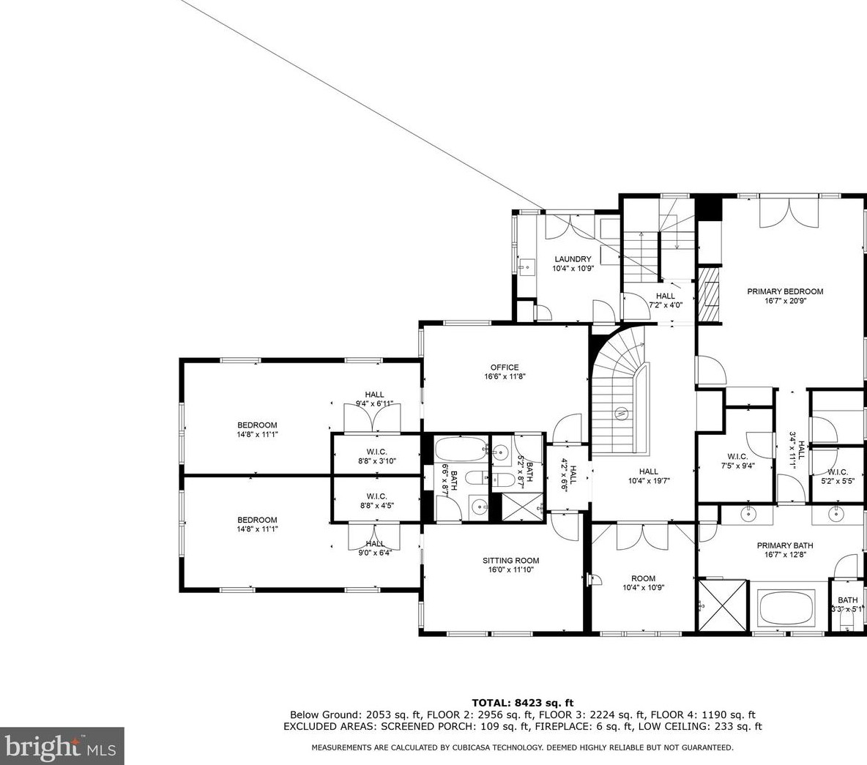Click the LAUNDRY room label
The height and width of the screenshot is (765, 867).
tap(573, 259)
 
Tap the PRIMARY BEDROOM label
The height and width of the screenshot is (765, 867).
tap(785, 291)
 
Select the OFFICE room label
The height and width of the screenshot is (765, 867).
tap(505, 367)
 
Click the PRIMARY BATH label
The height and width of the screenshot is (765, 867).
tap(784, 545)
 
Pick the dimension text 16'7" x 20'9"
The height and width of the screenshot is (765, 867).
tap(785, 301)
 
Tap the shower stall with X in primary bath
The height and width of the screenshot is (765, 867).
tap(723, 605)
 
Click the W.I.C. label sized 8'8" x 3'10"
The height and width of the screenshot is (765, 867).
tap(376, 452)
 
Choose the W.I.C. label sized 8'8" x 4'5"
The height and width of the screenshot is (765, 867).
tap(376, 496)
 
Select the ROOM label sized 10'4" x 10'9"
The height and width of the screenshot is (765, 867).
tap(644, 578)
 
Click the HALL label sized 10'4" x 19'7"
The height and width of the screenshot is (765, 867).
tap(648, 472)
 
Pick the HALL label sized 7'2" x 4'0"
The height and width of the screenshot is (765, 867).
tap(666, 296)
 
